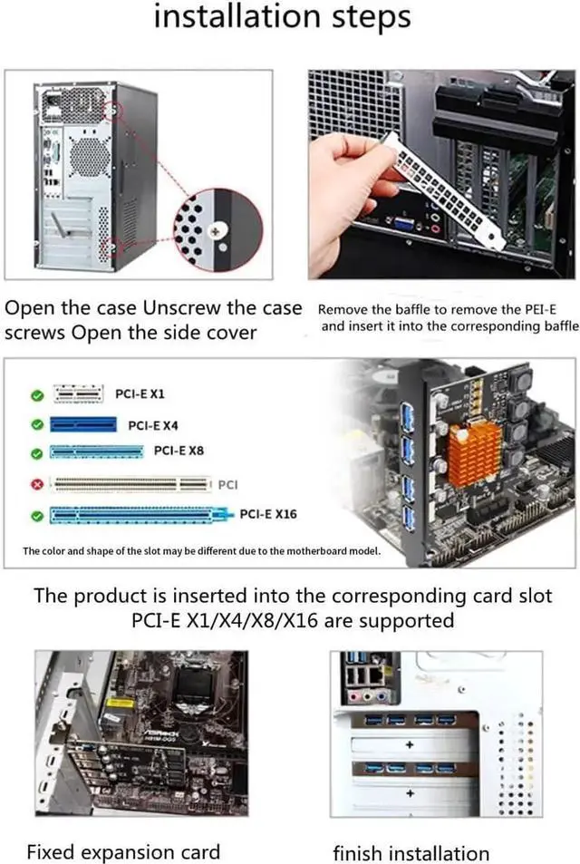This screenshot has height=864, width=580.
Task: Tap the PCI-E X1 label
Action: pos(140,394)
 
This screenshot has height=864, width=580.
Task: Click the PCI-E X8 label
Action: pos(179,451)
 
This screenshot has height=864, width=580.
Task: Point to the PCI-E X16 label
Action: pos(267,514)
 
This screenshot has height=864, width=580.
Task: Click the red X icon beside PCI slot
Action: pos(36,485)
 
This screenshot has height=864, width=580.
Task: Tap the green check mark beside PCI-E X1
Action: pos(36,395)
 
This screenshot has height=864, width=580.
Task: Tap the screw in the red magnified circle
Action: pos(216,231)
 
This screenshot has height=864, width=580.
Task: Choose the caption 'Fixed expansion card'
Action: pos(123,851)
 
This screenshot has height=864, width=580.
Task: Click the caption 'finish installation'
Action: pos(411,853)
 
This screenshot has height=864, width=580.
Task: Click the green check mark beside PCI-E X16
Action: pos(36,515)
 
